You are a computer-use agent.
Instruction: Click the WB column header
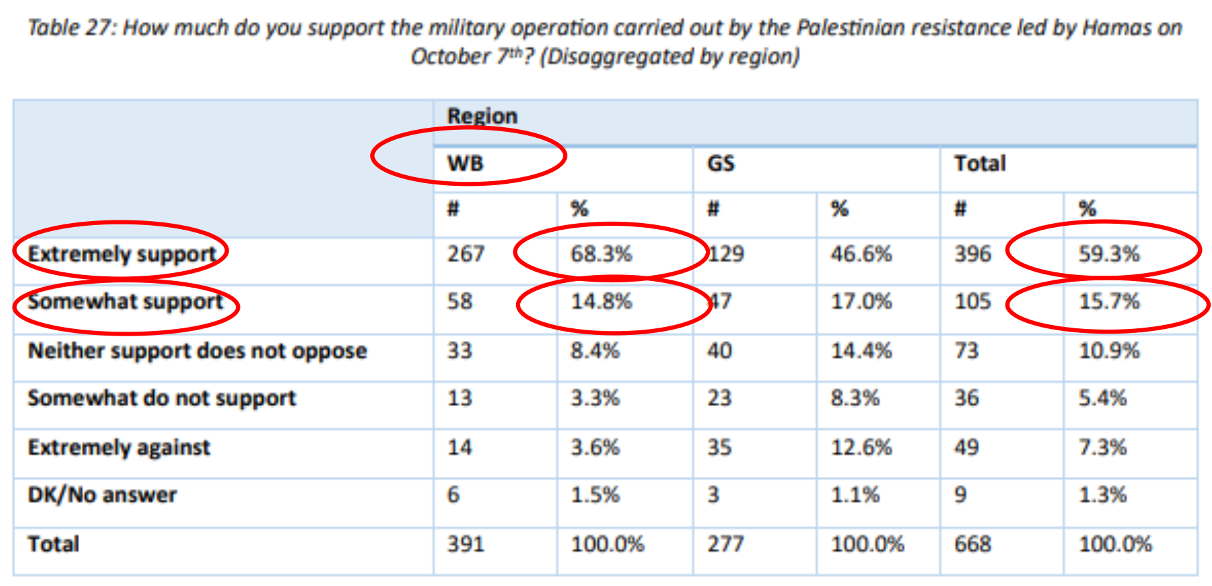pos(465,163)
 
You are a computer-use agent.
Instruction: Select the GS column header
pos(721,163)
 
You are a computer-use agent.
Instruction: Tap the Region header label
pos(482,116)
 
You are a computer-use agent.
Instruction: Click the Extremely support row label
pos(122,254)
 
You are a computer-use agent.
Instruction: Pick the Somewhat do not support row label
pos(162,398)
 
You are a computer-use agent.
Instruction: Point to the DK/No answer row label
pos(102,495)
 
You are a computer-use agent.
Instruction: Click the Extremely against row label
pos(119,447)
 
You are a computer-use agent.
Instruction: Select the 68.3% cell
pos(601,254)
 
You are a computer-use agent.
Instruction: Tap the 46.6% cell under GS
pos(860,254)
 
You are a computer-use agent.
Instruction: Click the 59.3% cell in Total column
pos(1109,254)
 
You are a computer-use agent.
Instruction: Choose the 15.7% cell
pos(1109,302)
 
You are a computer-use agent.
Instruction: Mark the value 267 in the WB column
pos(465,254)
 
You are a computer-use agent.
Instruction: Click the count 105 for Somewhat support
pos(972,302)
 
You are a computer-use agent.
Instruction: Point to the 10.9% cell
pos(1109,350)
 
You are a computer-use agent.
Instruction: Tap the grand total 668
pos(972,544)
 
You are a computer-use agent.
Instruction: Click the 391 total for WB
pos(465,544)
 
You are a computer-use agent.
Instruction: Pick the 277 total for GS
pos(725,544)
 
